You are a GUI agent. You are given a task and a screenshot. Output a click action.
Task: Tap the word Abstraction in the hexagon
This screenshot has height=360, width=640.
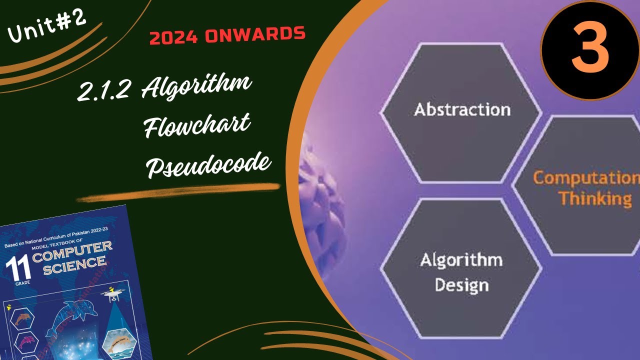coord(462,109)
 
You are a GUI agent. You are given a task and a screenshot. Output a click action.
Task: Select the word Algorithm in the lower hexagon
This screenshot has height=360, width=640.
coord(461,260)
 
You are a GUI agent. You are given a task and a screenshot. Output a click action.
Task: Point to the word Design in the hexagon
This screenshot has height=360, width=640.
coord(461,285)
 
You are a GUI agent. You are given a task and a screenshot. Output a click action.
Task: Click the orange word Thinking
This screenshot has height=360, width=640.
coord(595,198)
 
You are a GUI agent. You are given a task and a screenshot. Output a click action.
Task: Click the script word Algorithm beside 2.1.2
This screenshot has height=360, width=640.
coord(196,88)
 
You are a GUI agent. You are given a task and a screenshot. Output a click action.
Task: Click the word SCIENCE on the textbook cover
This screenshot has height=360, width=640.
coord(74,266)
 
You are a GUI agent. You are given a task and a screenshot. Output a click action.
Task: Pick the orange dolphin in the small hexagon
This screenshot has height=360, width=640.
coord(23,318)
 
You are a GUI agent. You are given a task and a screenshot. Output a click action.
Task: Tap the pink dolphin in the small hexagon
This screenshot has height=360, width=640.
coord(26,342)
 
